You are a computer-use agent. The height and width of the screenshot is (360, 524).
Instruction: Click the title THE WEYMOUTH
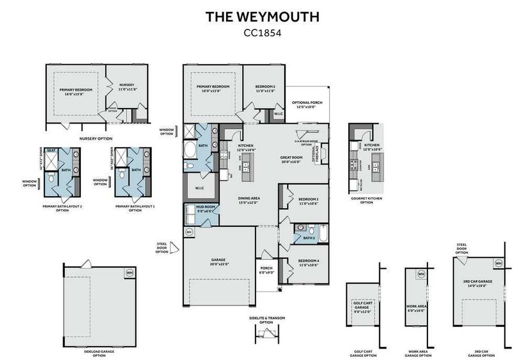[x=262, y=16]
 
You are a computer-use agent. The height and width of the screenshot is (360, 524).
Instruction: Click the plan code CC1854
[x=262, y=33]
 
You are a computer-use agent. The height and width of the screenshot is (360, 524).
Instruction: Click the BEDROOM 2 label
[x=265, y=88]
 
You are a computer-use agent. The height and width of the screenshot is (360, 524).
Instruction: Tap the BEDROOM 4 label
[x=308, y=263]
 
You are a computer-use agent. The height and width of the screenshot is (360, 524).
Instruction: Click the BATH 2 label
[x=309, y=238]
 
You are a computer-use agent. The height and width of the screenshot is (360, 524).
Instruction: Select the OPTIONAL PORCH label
[x=307, y=105]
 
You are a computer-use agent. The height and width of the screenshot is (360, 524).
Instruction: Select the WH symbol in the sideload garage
[x=130, y=272]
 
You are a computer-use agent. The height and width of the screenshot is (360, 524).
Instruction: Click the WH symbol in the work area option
[x=421, y=274]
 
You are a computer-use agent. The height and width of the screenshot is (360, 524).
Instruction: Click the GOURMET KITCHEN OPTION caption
[x=366, y=200]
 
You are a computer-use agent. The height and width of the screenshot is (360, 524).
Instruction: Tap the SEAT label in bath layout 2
[x=51, y=151]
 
